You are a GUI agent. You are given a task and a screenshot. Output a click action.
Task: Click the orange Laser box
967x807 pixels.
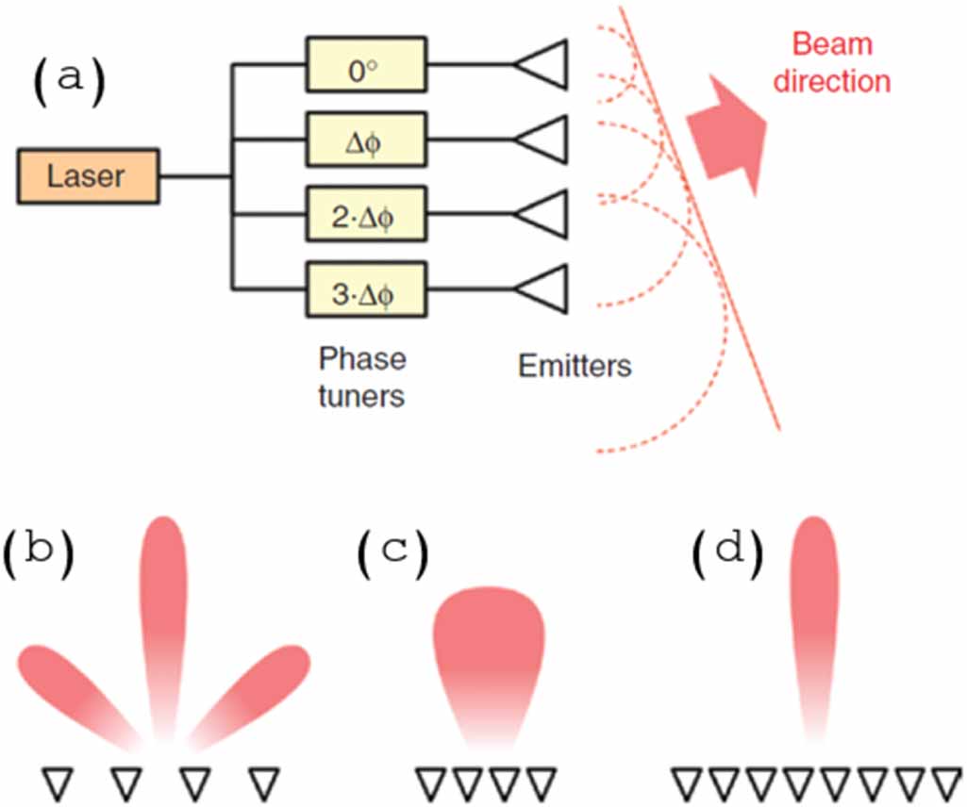(87, 175)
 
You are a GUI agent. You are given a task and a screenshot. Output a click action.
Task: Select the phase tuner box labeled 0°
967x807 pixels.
(366, 65)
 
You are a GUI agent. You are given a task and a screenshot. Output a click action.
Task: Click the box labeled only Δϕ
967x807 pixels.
(366, 140)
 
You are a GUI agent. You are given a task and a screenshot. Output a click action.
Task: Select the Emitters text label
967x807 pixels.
(575, 365)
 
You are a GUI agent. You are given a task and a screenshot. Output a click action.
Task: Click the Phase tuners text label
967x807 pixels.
(360, 377)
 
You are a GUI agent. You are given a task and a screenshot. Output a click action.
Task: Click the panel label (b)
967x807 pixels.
(38, 556)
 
